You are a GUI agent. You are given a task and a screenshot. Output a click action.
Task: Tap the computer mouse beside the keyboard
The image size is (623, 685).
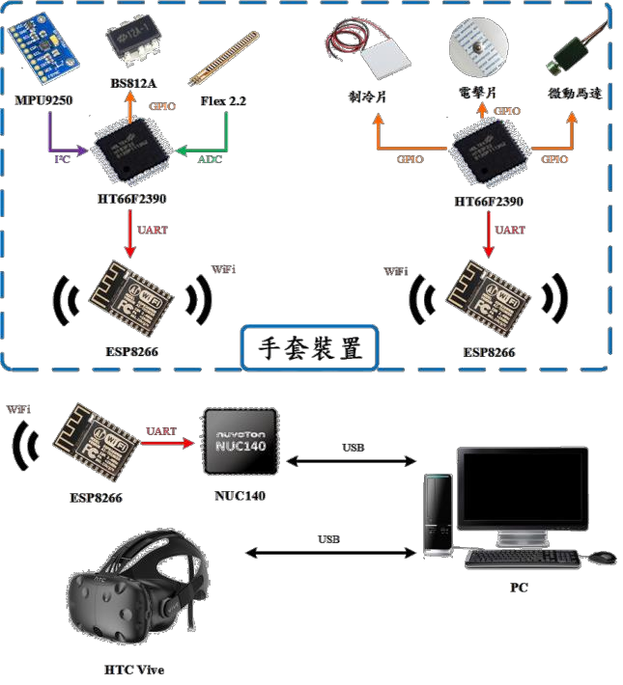tap(602, 558)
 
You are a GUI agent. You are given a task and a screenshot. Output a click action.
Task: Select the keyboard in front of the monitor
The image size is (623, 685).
tap(521, 559)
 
